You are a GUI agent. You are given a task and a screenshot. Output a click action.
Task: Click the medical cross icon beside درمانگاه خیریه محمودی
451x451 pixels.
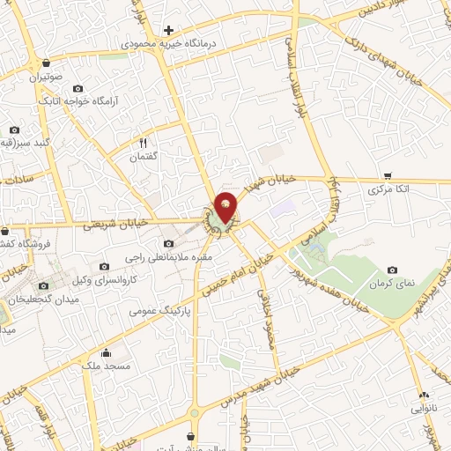tap(168, 30)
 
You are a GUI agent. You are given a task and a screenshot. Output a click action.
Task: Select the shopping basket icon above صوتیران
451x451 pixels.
tap(45, 62)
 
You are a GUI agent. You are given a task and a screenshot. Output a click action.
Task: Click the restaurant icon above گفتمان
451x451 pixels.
tap(143, 142)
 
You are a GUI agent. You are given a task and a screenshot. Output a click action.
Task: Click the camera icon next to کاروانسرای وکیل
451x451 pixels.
tap(105, 267)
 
